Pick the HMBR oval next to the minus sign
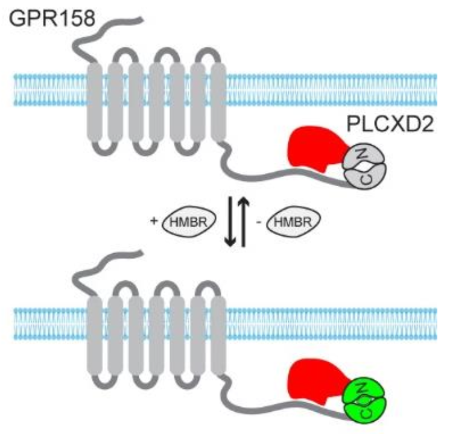[296, 224]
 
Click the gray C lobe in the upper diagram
[363, 177]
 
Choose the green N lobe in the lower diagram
[363, 386]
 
